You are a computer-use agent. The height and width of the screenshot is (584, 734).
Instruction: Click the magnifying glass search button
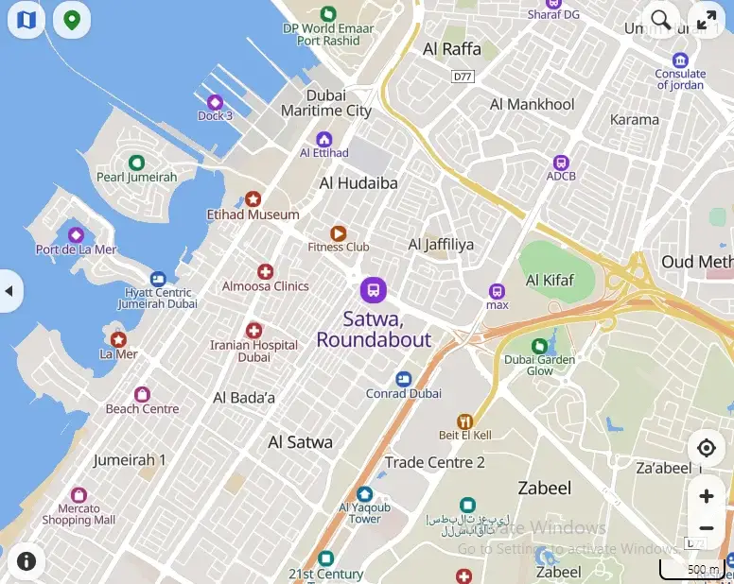[x=661, y=20]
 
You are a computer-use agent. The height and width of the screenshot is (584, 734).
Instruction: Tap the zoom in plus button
[x=706, y=496]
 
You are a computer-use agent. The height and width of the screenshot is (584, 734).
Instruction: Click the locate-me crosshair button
[x=706, y=448]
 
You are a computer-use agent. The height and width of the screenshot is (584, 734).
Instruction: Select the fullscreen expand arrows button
[x=706, y=20]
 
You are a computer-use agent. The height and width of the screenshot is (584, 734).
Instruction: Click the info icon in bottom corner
[x=26, y=561]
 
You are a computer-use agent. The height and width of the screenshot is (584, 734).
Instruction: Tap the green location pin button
[x=71, y=20]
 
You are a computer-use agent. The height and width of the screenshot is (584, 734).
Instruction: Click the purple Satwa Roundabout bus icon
[x=374, y=290]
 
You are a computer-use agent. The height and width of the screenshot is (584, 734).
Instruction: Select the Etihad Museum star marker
[x=253, y=198]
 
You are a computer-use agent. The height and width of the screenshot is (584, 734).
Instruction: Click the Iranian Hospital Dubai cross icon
[x=253, y=331]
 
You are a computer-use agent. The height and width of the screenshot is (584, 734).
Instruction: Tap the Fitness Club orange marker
[x=338, y=232]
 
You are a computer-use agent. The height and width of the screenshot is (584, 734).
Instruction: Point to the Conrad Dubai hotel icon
[x=404, y=378]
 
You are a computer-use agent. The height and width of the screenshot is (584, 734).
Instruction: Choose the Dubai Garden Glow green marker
[x=539, y=346]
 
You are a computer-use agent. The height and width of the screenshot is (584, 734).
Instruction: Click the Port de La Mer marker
[x=76, y=234]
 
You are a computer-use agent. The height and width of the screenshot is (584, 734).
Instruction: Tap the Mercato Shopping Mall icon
[x=79, y=495]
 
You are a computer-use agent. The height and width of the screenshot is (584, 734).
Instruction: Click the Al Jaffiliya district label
[x=441, y=245]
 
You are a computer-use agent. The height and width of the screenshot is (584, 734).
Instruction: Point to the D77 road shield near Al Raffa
[x=463, y=76]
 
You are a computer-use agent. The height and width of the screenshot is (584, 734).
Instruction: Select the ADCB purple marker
[x=560, y=162]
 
